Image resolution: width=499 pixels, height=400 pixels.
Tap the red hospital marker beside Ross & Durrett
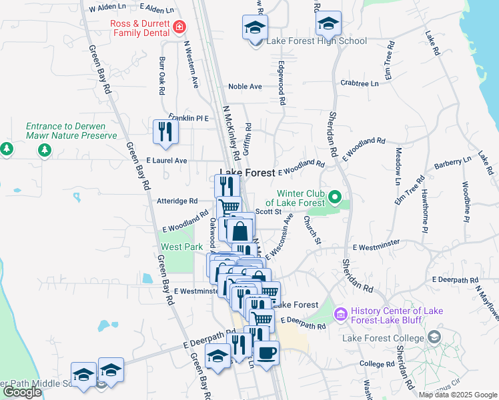pos(179,28)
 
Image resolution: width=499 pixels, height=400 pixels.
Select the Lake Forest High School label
pos(317,41)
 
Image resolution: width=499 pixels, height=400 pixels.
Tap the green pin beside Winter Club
pos(335,197)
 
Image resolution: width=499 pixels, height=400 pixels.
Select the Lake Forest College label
pos(383,338)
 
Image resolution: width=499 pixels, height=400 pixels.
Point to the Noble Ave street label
pos(245,87)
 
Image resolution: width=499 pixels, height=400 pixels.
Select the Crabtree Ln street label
pos(359,83)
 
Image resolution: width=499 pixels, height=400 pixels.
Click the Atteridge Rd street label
pos(177,201)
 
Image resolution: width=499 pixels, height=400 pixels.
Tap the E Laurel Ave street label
pos(167,161)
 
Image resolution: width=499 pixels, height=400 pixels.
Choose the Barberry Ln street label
pos(452,163)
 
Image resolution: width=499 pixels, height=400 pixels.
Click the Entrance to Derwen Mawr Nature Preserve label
pos(71,131)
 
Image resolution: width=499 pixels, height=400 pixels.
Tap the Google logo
pos(22,392)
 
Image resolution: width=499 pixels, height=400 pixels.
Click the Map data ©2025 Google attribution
pos(458,395)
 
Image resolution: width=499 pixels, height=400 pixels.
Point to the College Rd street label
pos(376,365)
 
